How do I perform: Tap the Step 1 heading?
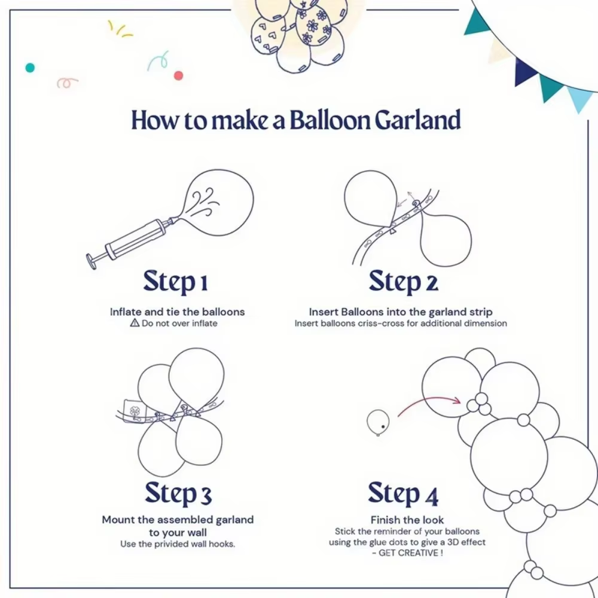tap(175, 282)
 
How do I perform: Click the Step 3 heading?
tap(178, 494)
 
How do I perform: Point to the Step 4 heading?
tap(403, 494)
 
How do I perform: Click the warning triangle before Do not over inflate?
tap(135, 323)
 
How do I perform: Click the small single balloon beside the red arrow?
tap(378, 422)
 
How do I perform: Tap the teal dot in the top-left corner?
tap(30, 68)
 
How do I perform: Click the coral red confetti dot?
tap(178, 75)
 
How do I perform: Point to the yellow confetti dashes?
tap(119, 28)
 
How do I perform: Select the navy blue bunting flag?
tap(526, 71)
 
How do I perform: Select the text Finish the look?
tap(407, 520)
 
